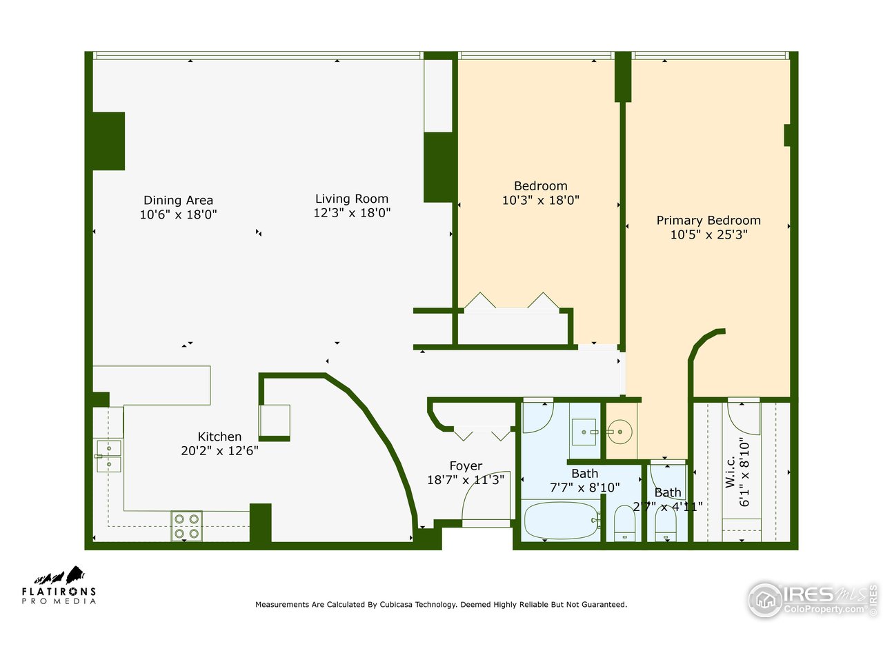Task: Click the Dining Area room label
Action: coord(178,201)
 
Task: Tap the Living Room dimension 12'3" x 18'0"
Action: coord(352,213)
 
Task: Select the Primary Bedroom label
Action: coord(708,221)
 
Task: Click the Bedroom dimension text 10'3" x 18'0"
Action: coord(540,201)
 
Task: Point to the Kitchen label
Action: coord(219,437)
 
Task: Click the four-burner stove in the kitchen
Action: coord(186,525)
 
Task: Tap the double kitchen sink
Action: coord(108,456)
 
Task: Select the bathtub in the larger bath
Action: coord(560,521)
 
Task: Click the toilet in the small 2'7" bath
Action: coord(666,528)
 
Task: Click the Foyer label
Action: coord(466,466)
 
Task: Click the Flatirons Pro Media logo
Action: coord(59,586)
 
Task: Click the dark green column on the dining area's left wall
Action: coord(108,141)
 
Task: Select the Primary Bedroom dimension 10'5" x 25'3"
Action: coord(708,235)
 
